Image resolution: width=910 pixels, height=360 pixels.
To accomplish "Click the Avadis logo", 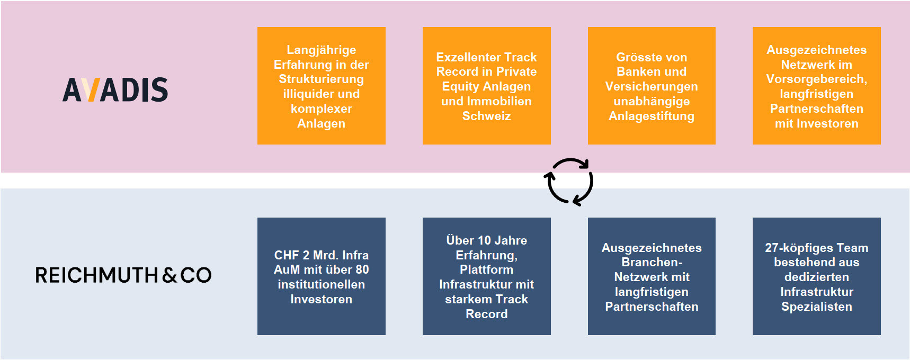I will tap(115, 89).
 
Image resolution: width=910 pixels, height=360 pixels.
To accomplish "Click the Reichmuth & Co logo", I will tap(123, 275).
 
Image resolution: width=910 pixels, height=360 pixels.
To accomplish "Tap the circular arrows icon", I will tap(569, 182).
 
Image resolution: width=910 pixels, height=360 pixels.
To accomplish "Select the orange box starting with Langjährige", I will tap(321, 86).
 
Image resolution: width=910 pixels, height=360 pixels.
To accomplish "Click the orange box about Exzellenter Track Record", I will tap(486, 86).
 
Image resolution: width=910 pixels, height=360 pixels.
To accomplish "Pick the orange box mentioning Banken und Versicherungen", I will tap(652, 86).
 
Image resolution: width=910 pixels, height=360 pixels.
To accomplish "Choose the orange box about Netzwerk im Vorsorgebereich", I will tap(816, 86).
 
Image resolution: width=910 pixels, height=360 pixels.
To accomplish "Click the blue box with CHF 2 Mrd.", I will tap(321, 276).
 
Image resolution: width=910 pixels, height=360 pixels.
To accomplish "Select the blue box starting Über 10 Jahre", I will tap(486, 276).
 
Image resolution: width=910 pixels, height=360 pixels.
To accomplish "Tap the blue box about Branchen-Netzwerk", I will tap(652, 276).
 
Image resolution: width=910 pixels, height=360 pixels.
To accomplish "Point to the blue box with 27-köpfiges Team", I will tap(816, 276).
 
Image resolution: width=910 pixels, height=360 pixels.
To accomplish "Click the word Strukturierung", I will tap(321, 79).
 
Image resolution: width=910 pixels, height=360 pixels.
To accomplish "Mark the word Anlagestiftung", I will tap(652, 116).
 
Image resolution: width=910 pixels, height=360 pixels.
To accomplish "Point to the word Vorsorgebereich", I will tap(816, 79).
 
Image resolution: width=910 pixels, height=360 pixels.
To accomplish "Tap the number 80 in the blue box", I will tap(362, 269).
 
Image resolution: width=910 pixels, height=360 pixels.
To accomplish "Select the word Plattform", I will tap(486, 269).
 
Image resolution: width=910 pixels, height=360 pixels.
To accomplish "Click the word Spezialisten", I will tap(816, 307).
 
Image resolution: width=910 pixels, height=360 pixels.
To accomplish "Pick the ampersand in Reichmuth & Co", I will tap(169, 275).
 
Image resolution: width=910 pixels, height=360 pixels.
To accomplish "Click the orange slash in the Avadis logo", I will tap(92, 89).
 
